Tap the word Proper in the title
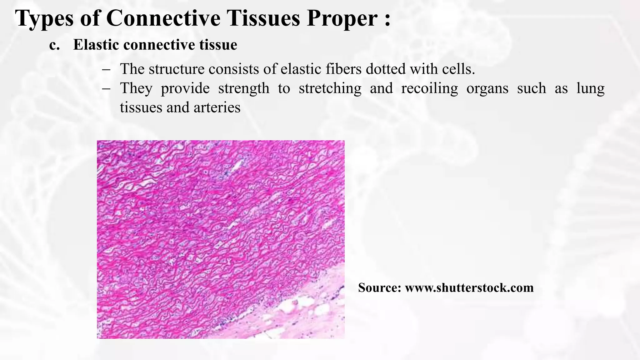point(342,19)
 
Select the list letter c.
point(54,45)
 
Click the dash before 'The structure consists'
point(106,69)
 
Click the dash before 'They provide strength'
point(106,88)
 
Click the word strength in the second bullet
point(243,88)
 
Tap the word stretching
point(330,88)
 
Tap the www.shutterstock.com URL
point(469,288)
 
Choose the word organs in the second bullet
point(487,88)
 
